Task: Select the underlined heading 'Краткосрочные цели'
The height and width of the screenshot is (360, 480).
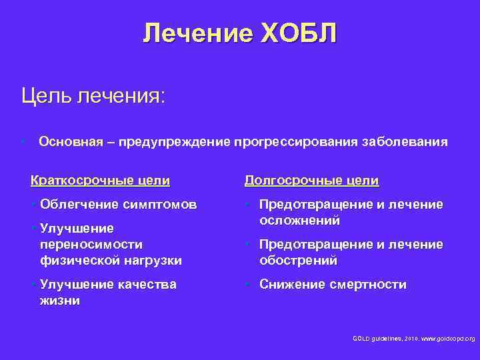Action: click(100, 180)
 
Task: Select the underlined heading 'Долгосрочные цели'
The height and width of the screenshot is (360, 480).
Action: click(311, 180)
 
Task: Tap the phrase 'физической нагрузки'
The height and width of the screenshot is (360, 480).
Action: click(111, 259)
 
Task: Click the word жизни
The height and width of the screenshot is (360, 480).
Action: click(59, 300)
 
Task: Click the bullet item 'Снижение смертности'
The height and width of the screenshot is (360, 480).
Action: click(333, 285)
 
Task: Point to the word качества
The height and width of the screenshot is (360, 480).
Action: click(144, 285)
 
